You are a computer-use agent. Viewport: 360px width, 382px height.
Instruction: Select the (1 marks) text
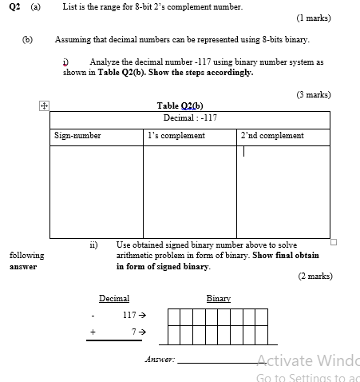312,18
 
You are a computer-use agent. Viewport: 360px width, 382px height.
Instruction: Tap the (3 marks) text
312,94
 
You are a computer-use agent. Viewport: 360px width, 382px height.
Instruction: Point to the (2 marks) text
314,276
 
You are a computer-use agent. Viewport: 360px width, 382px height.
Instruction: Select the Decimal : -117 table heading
190,117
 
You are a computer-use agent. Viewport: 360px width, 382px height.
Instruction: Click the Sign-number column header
77,136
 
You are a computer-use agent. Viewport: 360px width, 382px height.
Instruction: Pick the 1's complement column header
176,136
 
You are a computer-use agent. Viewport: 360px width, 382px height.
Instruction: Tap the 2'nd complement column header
271,136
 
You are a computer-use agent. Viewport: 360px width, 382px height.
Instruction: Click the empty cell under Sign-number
97,191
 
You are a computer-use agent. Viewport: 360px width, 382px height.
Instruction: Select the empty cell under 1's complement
190,191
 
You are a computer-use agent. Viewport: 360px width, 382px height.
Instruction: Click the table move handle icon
45,105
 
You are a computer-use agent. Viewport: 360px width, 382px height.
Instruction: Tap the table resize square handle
334,241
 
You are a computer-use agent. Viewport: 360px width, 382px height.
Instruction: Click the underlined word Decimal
114,298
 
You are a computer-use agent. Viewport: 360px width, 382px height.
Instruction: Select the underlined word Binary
218,298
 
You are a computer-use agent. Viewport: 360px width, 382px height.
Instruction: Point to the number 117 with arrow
134,316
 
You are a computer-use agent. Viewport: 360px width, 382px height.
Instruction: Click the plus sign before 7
93,331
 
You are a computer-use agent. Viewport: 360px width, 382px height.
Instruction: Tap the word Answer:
160,360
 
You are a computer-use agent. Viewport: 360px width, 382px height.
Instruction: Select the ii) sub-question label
93,245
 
